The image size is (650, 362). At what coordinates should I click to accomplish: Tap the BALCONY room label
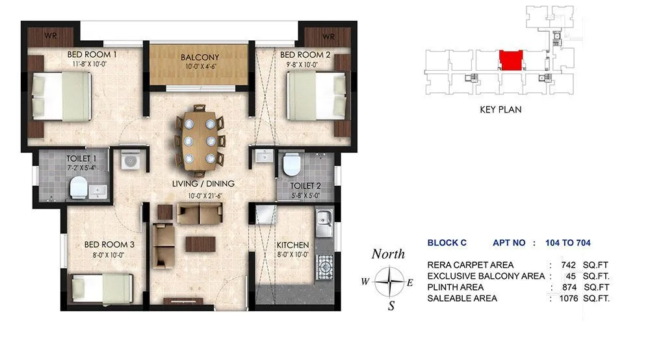200,57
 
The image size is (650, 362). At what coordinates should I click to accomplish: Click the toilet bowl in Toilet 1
77,188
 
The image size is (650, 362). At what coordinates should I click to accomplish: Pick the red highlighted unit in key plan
512,60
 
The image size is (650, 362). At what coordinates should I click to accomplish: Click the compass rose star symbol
388,282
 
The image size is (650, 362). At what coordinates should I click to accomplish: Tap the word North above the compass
388,254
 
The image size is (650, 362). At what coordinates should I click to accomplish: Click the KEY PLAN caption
500,110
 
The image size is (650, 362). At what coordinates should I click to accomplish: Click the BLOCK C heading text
447,243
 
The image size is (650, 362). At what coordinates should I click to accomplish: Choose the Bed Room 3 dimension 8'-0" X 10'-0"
109,255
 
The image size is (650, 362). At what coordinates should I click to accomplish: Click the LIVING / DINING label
202,184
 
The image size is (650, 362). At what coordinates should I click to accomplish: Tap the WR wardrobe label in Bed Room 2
328,36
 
